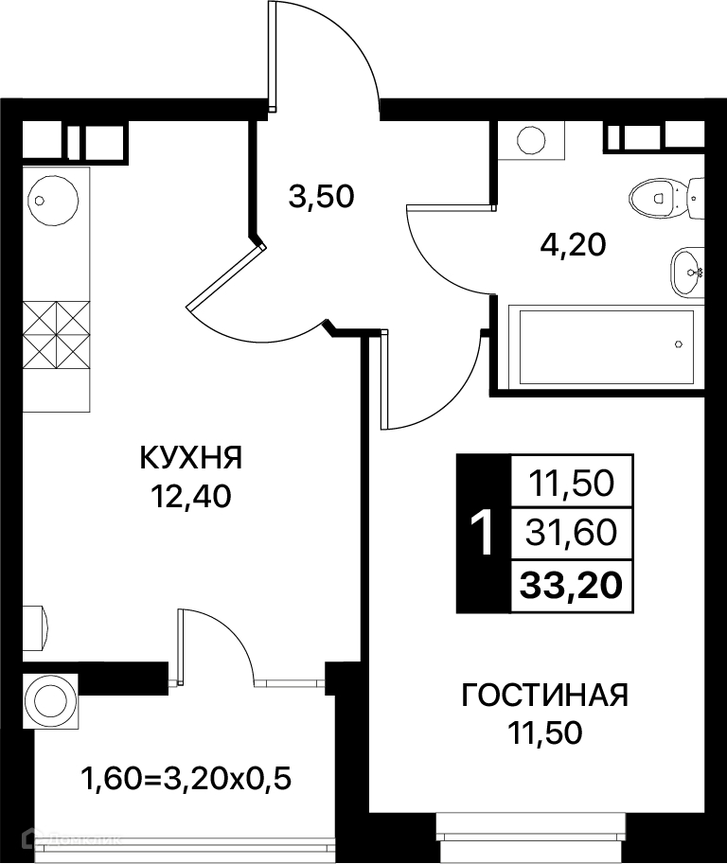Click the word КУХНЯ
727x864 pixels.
coord(190,457)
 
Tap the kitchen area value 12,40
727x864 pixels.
coord(190,497)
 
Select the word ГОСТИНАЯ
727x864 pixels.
coord(544,696)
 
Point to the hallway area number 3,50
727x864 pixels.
coord(321,197)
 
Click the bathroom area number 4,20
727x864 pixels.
coord(573,245)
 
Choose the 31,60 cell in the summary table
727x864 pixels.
coord(571,533)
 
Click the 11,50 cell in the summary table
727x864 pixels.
coord(571,484)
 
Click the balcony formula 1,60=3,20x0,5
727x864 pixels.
coord(186,779)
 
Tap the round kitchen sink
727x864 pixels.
coord(53,200)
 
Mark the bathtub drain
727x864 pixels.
coord(679,344)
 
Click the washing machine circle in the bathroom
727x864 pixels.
coord(531,140)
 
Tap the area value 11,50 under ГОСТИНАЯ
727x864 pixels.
coord(544,732)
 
